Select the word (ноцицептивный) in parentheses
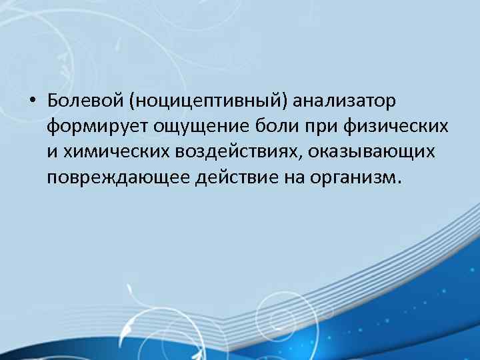click(209, 101)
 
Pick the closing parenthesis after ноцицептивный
click(286, 101)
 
